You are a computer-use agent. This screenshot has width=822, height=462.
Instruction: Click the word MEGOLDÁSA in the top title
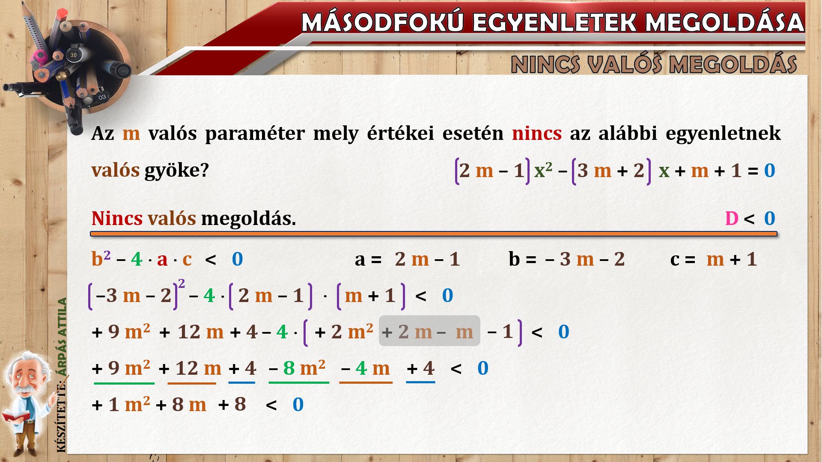coord(725,22)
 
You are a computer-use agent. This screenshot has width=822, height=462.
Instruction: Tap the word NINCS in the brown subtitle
coord(546,65)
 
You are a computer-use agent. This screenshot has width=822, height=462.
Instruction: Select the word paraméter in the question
coord(255,134)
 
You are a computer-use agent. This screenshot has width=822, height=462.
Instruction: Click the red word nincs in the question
coord(536,133)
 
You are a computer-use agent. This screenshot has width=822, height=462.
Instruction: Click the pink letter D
coord(732,219)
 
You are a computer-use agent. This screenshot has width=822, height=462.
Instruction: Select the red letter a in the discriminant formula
coord(162,260)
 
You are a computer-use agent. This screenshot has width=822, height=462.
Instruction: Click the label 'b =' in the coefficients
coord(522,259)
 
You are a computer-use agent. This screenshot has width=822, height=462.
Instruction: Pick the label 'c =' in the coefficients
coord(682,260)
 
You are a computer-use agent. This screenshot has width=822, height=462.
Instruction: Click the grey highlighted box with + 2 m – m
coord(429,331)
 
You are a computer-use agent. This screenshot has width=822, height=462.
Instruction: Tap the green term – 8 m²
coord(298,368)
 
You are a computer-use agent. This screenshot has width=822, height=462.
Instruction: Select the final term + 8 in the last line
coord(232,404)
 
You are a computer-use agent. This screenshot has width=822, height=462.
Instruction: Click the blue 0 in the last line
coord(298,405)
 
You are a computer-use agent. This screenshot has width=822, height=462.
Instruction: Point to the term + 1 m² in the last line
coord(121,404)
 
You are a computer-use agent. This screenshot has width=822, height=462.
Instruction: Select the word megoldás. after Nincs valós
coord(248,219)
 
